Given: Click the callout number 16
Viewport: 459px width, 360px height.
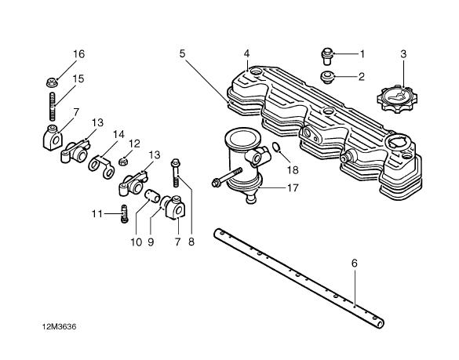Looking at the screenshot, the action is pos(78,54).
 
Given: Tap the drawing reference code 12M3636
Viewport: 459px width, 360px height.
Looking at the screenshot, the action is pos(60,326).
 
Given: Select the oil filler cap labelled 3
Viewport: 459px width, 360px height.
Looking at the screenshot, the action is pos(397,99).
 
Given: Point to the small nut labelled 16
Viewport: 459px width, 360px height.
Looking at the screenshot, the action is pos(52,82).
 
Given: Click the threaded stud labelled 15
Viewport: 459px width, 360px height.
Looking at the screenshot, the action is pos(53,107).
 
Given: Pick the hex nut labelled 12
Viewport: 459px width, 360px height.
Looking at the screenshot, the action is pos(123,162).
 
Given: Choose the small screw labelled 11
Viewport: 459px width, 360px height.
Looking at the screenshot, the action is pos(125,213).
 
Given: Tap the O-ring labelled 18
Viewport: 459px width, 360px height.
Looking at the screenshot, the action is pos(275,147).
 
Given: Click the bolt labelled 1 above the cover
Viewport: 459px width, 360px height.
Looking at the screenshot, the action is pos(327,56).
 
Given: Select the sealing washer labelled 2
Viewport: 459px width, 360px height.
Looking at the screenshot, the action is pos(327,78).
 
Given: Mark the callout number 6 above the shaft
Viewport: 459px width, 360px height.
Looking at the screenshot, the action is pos(355,264).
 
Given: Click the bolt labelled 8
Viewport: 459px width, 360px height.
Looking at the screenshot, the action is pos(176,173).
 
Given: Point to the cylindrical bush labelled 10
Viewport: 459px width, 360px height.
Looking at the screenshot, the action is pos(153,195).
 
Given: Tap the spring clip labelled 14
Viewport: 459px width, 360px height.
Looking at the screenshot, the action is pos(101,166).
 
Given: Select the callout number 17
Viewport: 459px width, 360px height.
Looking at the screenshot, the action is pos(293,187).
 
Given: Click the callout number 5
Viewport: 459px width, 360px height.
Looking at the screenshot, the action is pos(182,54).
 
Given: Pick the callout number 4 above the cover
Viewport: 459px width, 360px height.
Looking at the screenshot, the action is pos(246,53).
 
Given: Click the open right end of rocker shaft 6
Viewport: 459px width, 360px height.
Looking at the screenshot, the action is pos(380,324).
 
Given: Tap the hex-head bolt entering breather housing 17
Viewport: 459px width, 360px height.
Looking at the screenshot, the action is pos(227,177).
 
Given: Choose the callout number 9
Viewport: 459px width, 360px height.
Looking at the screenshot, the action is pos(151,242).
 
